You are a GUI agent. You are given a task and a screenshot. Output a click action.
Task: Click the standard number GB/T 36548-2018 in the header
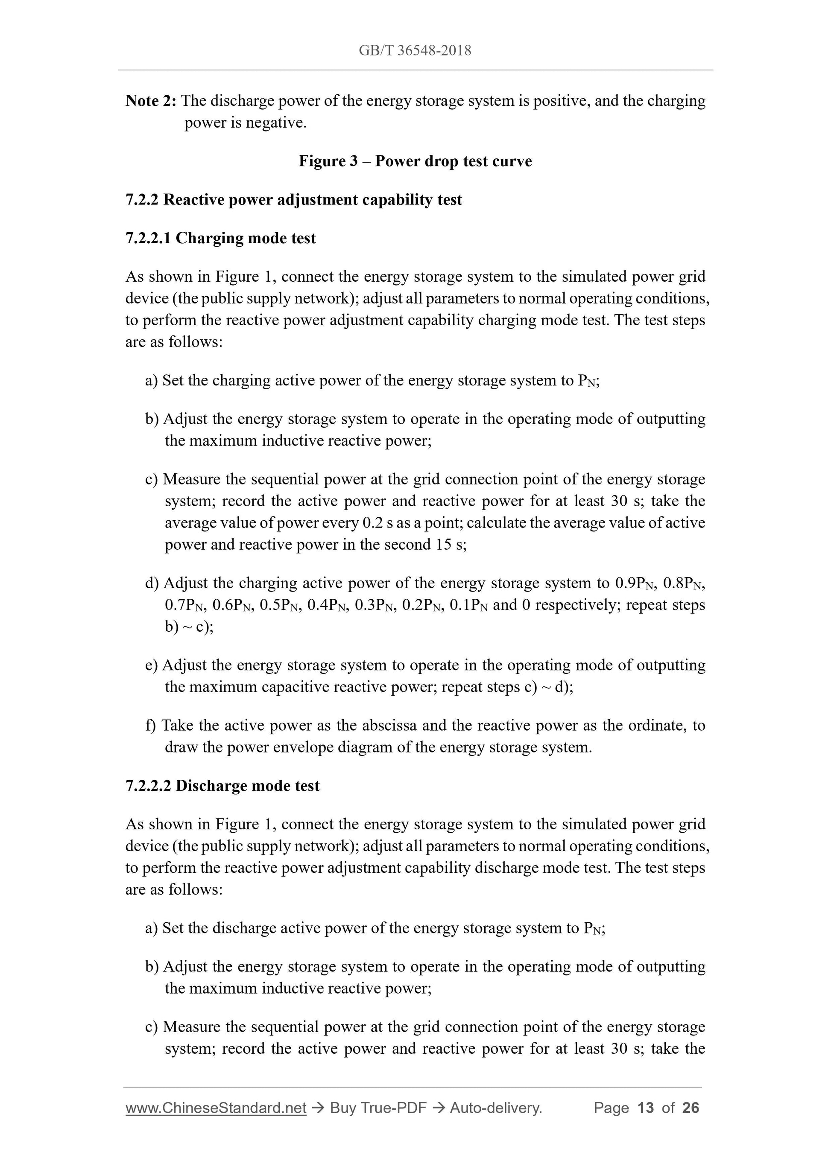tap(415, 50)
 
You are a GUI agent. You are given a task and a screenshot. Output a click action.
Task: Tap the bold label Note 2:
tap(151, 101)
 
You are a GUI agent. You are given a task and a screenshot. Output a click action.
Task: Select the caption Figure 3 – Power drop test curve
tap(415, 161)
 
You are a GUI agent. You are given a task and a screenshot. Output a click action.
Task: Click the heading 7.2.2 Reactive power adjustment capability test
tap(293, 200)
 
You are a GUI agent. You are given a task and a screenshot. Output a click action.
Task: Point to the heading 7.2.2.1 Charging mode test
tap(220, 238)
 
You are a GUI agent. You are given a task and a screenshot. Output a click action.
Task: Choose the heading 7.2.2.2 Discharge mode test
tap(222, 786)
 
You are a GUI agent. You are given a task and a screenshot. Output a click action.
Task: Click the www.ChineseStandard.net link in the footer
tap(216, 1108)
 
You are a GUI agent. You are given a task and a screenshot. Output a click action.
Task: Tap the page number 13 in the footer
tap(646, 1108)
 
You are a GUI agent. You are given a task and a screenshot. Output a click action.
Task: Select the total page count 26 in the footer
tap(691, 1108)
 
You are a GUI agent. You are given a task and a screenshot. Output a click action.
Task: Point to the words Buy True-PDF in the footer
tap(378, 1108)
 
